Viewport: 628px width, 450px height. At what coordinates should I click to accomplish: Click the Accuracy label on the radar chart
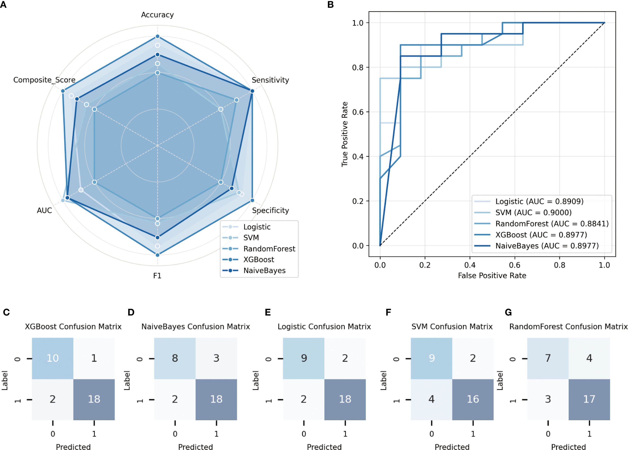(x=157, y=15)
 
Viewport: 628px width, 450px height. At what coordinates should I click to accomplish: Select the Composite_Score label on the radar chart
(x=44, y=80)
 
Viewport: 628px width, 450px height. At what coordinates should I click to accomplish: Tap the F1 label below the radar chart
(x=157, y=276)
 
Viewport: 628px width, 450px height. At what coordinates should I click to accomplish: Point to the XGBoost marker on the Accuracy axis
(x=157, y=36)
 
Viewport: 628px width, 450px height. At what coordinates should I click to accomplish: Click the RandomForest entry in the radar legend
(x=269, y=249)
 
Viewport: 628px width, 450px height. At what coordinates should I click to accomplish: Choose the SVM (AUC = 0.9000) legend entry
(x=533, y=213)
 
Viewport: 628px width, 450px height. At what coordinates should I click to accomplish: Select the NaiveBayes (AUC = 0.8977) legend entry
(x=547, y=246)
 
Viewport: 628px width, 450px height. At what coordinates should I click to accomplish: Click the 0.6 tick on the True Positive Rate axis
(x=358, y=112)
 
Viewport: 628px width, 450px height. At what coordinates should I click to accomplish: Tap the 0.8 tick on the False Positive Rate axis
(x=559, y=265)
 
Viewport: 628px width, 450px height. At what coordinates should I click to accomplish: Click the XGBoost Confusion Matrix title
(x=73, y=327)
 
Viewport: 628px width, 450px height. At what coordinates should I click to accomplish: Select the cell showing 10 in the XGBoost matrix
(x=53, y=358)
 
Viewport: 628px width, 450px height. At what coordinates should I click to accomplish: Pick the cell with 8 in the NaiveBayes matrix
(x=175, y=358)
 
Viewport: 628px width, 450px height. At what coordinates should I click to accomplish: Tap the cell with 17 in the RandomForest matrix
(x=589, y=399)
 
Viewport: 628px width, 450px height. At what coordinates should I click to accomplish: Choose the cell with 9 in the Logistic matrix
(x=304, y=358)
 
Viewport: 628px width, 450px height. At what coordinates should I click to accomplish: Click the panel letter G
(x=508, y=312)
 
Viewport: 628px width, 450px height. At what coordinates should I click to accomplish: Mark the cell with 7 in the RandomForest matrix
(x=548, y=358)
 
